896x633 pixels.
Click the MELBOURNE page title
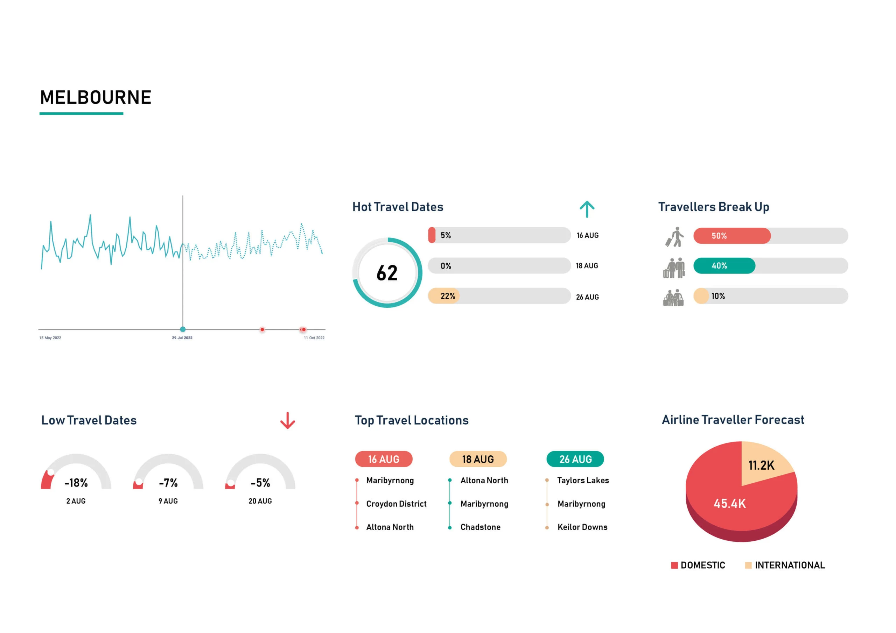point(96,98)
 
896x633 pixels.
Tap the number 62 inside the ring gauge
point(387,273)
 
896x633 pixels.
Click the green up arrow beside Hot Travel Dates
point(587,209)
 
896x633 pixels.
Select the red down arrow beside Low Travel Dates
point(288,420)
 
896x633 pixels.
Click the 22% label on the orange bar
point(448,296)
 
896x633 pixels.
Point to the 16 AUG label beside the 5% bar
point(587,235)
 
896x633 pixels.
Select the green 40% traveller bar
point(724,265)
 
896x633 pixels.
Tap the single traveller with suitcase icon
point(675,237)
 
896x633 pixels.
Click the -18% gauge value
point(76,483)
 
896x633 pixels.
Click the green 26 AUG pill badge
point(575,459)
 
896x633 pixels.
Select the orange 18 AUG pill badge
point(478,459)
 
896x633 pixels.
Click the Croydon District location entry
point(396,504)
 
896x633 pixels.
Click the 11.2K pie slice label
point(761,465)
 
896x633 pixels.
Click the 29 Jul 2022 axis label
point(182,338)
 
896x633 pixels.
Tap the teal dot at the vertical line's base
point(183,329)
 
